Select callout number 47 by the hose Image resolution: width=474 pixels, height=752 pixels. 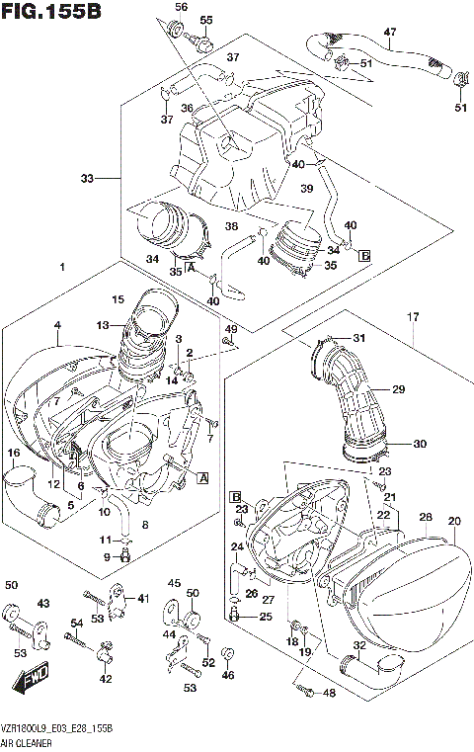pos(389,32)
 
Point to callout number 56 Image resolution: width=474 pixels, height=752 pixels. pos(180,7)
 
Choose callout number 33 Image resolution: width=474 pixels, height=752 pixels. pos(87,179)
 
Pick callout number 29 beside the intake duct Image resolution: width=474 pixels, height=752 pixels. pos(398,389)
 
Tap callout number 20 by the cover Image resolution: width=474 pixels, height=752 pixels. pos(454,521)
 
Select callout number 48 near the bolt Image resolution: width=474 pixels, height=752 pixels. pos(329,693)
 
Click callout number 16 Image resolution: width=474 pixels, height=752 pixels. pos(14,453)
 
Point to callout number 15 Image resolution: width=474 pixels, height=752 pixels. pos(118,299)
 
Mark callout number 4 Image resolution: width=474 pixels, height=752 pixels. pos(57,325)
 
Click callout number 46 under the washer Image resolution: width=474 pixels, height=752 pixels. pos(229,675)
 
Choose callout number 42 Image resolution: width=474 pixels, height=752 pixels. pos(106,678)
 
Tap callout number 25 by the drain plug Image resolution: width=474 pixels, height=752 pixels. pos(265,617)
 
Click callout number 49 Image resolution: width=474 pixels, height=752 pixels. pos(231,328)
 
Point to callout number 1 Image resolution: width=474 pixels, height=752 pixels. pos(61,268)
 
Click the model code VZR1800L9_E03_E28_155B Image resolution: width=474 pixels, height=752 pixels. pos(55,727)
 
